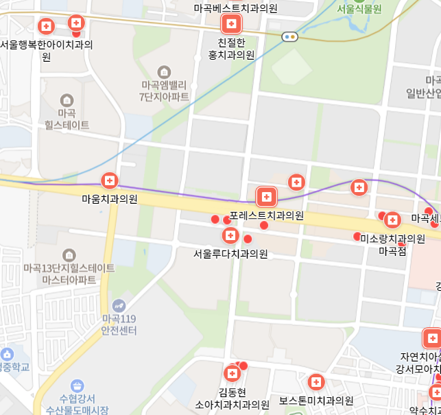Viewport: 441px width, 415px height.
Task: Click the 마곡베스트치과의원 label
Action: coord(235,8)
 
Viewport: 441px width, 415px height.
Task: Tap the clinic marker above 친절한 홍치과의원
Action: coord(231,25)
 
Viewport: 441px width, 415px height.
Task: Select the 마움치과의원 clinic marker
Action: coord(109,181)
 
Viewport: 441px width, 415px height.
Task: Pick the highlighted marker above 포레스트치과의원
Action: coord(266,198)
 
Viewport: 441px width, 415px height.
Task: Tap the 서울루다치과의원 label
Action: coord(230,254)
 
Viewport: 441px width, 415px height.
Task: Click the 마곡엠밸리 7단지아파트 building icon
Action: coord(164,71)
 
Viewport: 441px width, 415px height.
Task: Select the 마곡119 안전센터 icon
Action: coord(119,305)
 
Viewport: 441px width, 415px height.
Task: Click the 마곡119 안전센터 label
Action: coord(119,324)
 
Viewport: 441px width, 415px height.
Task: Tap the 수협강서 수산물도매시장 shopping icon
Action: coord(77,386)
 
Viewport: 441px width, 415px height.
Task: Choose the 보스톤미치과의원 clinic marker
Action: coord(316,382)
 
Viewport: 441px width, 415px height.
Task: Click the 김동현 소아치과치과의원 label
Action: coord(233,399)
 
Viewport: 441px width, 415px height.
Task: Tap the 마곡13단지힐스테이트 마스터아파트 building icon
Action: coord(69,255)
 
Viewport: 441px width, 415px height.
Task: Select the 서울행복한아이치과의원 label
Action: coord(46,51)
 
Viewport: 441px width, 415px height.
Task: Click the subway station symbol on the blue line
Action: coord(289,37)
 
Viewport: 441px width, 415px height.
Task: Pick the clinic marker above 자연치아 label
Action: coord(432,338)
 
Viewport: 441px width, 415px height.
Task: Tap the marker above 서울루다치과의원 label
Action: coord(230,236)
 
